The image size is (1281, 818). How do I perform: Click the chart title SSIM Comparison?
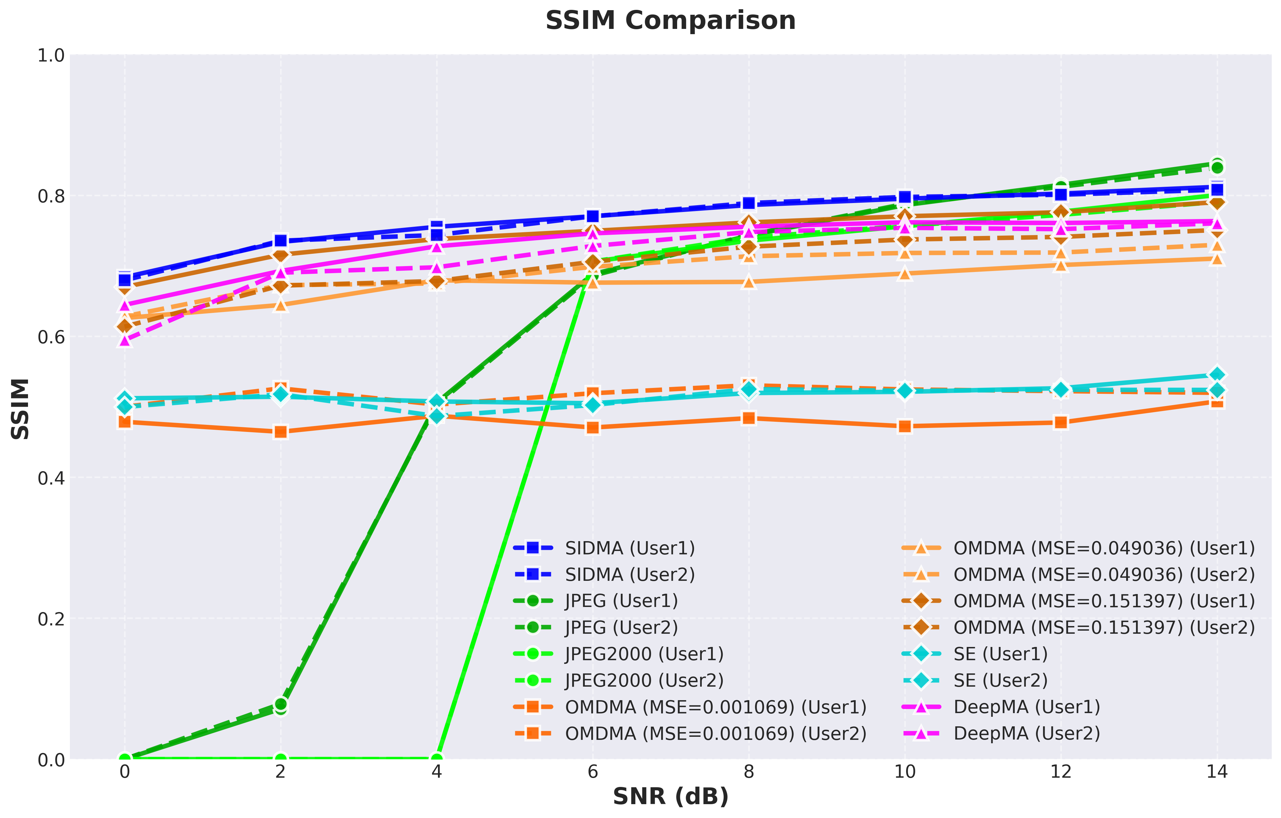point(670,21)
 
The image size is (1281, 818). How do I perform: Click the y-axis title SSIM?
point(20,409)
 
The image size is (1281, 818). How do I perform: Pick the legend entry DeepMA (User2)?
point(1001,733)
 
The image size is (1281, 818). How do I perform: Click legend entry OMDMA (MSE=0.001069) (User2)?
point(690,733)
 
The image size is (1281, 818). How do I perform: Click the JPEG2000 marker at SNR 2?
point(281,759)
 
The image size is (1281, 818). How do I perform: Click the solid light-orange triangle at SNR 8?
point(749,281)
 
